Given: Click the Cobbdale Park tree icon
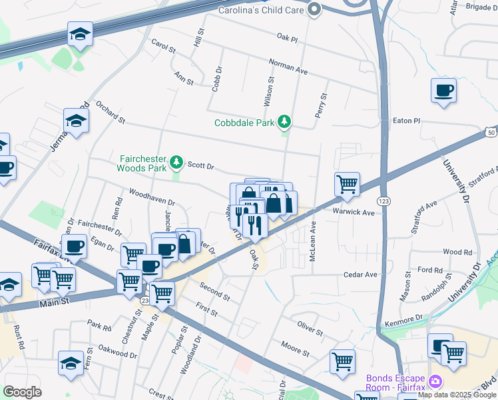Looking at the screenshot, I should pos(285,121).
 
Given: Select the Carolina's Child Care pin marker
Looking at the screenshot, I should pos(314,9).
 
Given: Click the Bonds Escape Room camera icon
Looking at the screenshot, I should pos(435,382).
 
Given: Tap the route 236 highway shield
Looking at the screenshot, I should pos(145,301).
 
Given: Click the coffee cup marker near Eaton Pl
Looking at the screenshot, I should pos(443,90).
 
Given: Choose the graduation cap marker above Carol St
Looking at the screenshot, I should pos(80,33).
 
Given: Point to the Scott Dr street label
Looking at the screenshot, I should pos(200,164).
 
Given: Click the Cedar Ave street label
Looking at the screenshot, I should pos(360,274).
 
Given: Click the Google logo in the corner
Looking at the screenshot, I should pos(22,391).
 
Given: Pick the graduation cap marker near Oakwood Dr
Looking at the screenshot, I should pos(71,362).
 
